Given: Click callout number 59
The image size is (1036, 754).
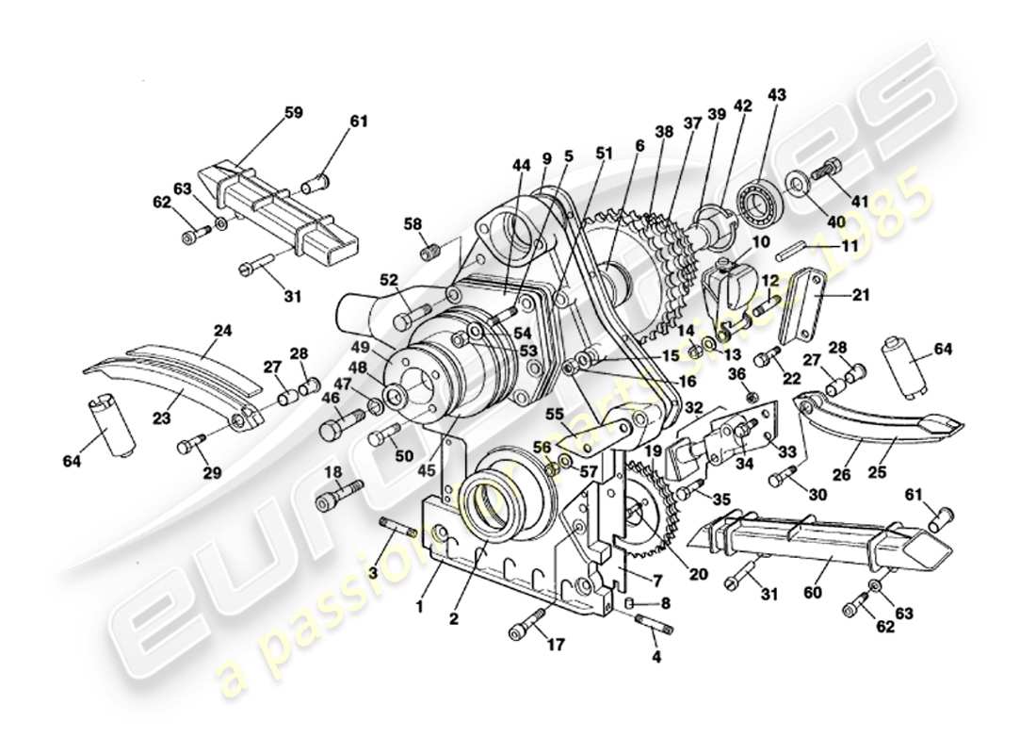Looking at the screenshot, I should [x=294, y=112].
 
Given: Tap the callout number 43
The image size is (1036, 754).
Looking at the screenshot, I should [x=776, y=94].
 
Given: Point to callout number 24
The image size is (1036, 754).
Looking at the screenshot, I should [x=222, y=331].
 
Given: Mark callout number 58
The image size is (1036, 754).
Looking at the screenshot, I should [x=413, y=223].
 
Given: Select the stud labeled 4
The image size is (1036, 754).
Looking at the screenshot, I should [x=650, y=622].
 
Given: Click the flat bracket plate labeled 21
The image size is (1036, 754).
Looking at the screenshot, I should [x=801, y=310].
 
